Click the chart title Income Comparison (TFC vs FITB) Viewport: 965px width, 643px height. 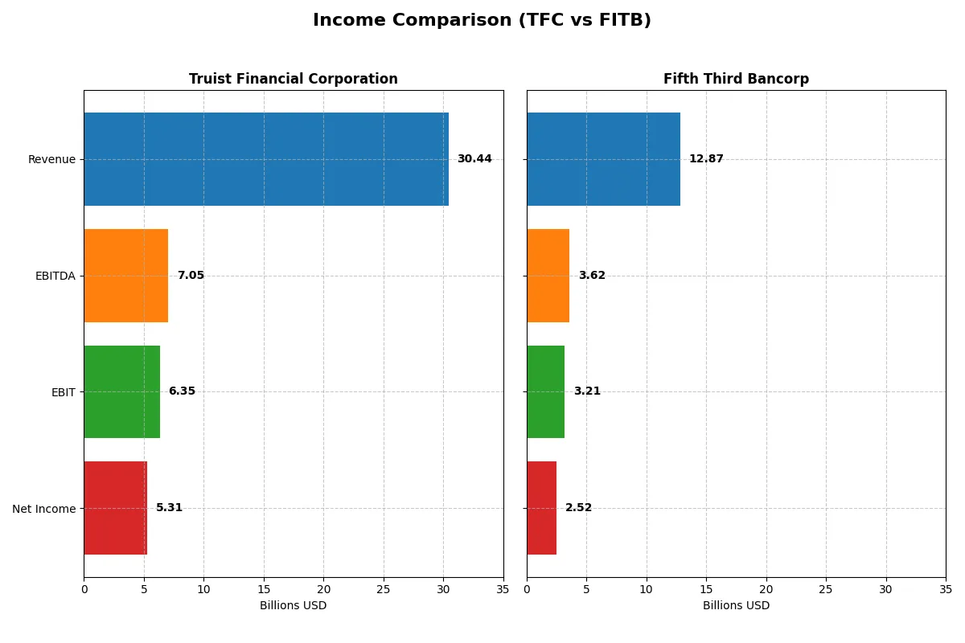pos(482,20)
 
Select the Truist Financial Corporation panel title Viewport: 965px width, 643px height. pos(293,79)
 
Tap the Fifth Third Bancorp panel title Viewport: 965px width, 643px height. pos(736,79)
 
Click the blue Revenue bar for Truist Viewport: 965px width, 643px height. pos(266,159)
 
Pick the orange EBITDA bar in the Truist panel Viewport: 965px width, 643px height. pos(126,276)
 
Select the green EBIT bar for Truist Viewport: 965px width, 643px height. pos(121,391)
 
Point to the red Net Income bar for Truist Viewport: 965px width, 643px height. pos(116,508)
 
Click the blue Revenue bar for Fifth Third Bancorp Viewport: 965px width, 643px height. pos(603,159)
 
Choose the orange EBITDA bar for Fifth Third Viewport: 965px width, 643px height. pos(548,276)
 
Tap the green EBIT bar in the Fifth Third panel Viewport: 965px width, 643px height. pos(545,391)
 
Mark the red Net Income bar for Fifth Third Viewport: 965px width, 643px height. pos(541,508)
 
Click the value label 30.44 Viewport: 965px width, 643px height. pos(474,159)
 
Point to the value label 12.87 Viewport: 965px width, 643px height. pos(706,159)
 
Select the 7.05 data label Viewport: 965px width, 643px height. pos(191,276)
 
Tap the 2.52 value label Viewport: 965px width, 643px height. pos(578,508)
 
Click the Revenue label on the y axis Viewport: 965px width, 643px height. pos(51,159)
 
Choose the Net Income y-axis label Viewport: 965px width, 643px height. pos(44,508)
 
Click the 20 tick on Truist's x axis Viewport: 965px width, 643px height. pos(323,589)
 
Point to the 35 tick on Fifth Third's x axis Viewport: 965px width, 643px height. pos(945,589)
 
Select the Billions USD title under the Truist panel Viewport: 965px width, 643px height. pos(293,605)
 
